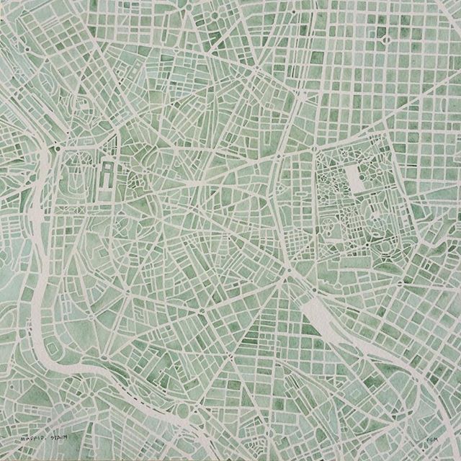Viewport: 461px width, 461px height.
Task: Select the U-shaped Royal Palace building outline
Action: click(107, 174)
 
